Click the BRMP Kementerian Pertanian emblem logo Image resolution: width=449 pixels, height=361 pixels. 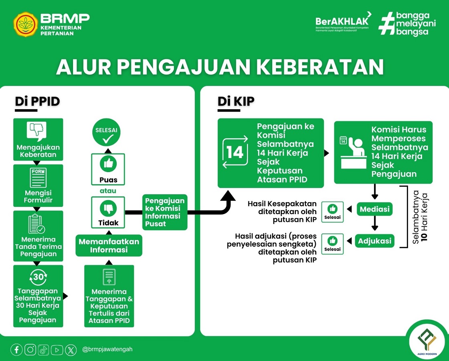[x=26, y=24]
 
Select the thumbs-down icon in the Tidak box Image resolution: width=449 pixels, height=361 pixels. [x=108, y=208]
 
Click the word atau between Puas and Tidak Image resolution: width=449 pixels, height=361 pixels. [x=108, y=191]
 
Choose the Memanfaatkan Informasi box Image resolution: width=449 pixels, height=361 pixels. [x=109, y=245]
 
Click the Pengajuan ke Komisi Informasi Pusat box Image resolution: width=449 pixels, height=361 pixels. [x=165, y=212]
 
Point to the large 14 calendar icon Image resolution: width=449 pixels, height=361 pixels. [x=235, y=152]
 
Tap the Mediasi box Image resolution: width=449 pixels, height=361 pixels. [x=375, y=209]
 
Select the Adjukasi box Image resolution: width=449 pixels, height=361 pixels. [x=375, y=241]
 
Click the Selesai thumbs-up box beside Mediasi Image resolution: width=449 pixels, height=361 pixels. [x=332, y=212]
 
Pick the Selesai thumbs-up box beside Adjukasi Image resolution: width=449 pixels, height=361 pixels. [x=332, y=244]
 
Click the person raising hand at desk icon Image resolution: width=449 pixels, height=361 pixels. [x=352, y=153]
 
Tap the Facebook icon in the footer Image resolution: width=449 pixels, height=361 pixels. [x=16, y=349]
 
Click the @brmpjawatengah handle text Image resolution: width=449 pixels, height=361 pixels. [x=107, y=349]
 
